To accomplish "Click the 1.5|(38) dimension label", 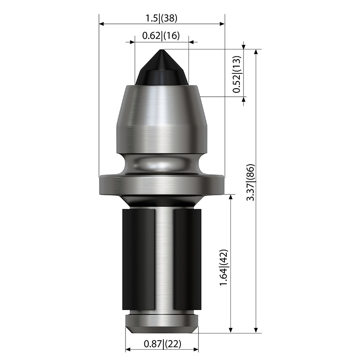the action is (162, 18).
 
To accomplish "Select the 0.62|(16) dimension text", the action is (161, 36).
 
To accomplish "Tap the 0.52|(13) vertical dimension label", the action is (237, 74).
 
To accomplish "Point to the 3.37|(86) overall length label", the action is (251, 183).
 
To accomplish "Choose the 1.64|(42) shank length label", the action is (224, 267).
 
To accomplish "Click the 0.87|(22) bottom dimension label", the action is (162, 344).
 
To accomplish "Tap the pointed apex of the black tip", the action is (162, 49).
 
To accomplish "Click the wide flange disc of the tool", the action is (162, 185).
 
